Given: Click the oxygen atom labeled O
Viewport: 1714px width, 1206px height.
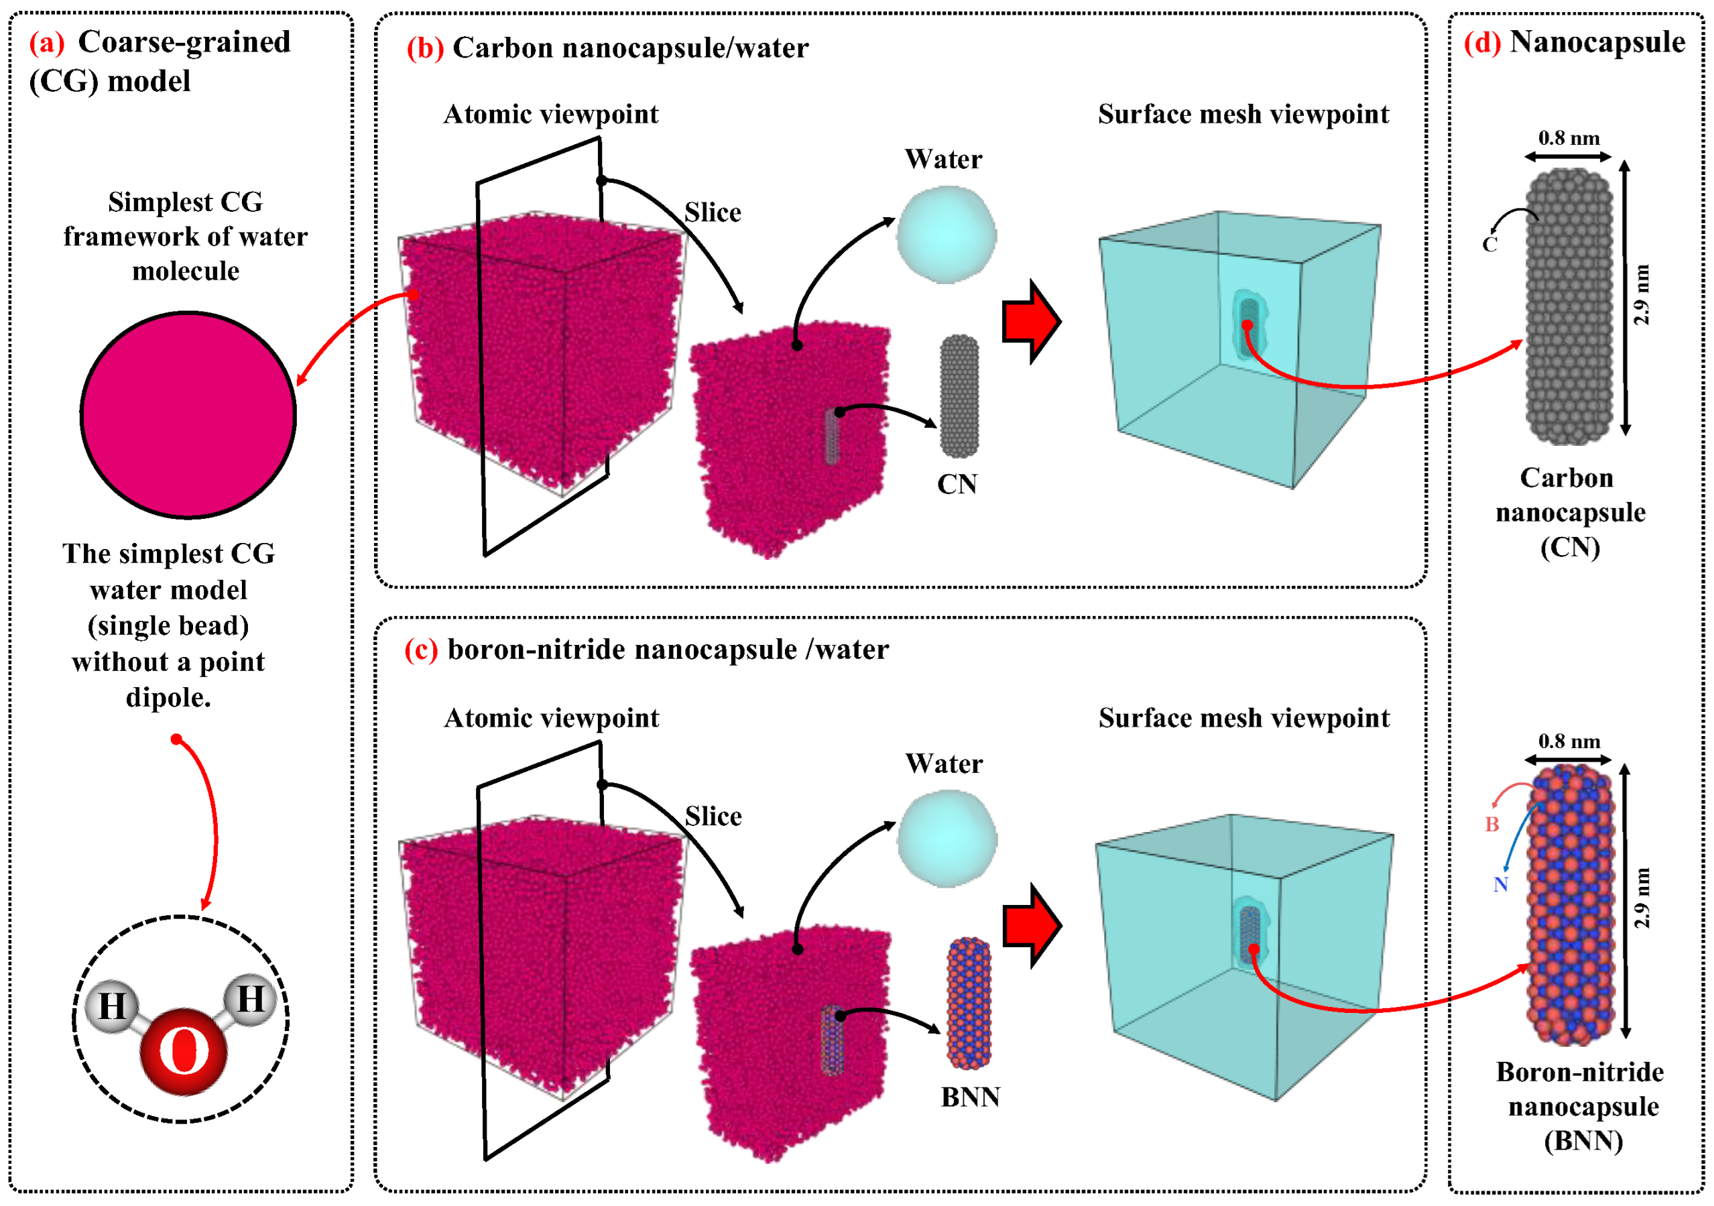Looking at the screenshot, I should pyautogui.click(x=184, y=1051).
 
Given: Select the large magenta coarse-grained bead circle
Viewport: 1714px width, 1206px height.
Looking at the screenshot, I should pyautogui.click(x=188, y=415).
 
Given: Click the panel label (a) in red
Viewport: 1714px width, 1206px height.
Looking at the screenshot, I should pyautogui.click(x=47, y=42).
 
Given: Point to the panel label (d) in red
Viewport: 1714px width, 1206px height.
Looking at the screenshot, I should pyautogui.click(x=1482, y=42).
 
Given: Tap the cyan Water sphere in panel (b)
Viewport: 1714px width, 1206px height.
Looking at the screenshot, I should pyautogui.click(x=946, y=235).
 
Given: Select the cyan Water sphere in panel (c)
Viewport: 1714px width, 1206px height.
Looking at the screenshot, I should pyautogui.click(x=946, y=839).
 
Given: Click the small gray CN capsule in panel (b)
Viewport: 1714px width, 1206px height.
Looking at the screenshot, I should pyautogui.click(x=959, y=396).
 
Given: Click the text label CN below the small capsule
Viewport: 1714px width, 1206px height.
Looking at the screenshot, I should pyautogui.click(x=957, y=485).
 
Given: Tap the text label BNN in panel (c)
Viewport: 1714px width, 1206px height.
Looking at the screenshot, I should pyautogui.click(x=970, y=1097).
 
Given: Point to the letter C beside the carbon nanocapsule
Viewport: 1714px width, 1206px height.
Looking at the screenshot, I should pyautogui.click(x=1489, y=244).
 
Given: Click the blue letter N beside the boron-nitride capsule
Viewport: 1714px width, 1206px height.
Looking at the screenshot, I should pyautogui.click(x=1500, y=885).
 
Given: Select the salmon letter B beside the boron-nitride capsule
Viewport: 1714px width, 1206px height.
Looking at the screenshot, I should pyautogui.click(x=1491, y=825).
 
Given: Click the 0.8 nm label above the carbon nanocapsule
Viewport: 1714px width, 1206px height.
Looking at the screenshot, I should pyautogui.click(x=1569, y=138).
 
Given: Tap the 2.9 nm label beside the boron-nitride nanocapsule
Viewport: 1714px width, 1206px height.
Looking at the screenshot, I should pyautogui.click(x=1642, y=898).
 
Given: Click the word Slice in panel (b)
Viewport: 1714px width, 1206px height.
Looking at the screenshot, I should pyautogui.click(x=713, y=213).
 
